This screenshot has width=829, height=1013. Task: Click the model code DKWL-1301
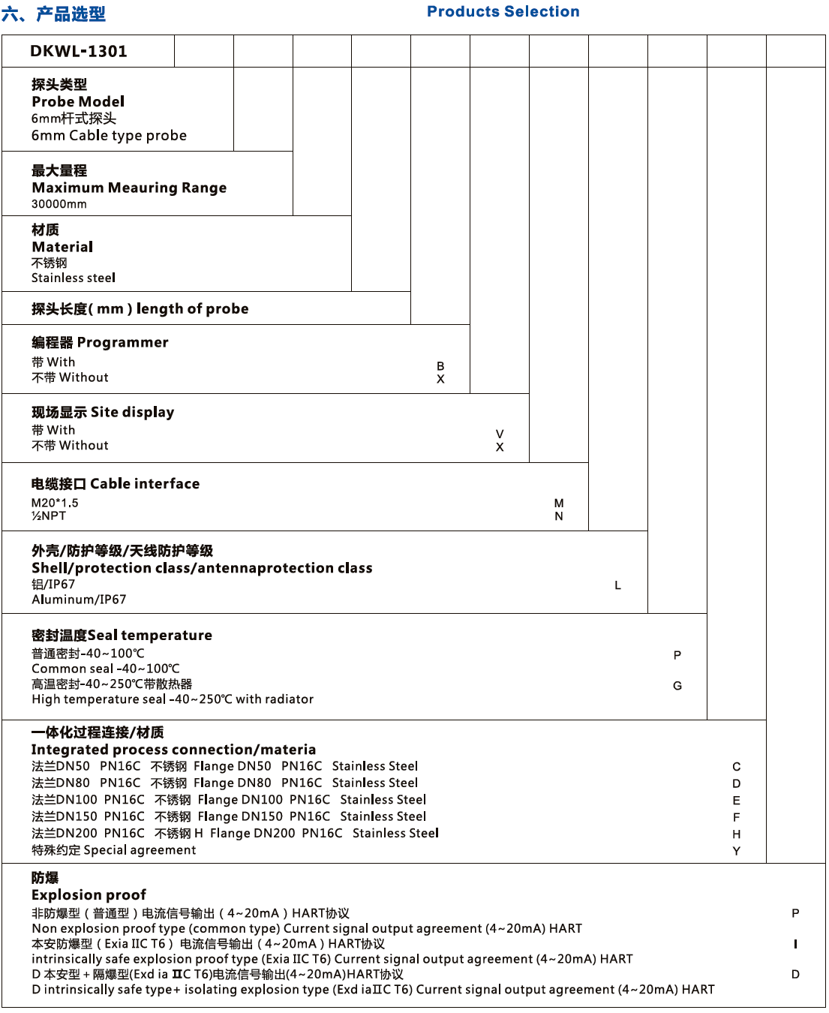79,51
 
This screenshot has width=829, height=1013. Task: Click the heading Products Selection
503,11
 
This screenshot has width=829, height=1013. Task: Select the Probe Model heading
78,101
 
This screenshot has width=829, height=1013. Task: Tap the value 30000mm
59,204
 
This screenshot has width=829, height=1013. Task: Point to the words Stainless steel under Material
74,278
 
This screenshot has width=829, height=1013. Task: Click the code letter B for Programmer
440,366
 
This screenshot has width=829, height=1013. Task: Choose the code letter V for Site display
500,434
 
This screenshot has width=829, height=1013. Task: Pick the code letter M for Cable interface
559,503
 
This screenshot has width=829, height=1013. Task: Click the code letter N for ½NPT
559,516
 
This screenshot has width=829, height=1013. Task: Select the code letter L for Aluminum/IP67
617,585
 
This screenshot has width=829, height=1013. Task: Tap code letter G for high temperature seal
677,686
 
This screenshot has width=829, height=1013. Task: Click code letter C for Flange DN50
737,767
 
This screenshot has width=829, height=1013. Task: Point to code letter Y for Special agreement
737,851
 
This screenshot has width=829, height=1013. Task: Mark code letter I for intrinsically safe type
795,944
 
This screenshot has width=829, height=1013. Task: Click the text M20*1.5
55,503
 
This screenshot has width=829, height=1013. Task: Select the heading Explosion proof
89,894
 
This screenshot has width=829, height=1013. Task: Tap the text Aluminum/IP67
79,600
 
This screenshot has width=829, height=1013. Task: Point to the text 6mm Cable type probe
109,136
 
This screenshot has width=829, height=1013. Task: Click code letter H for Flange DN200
737,834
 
